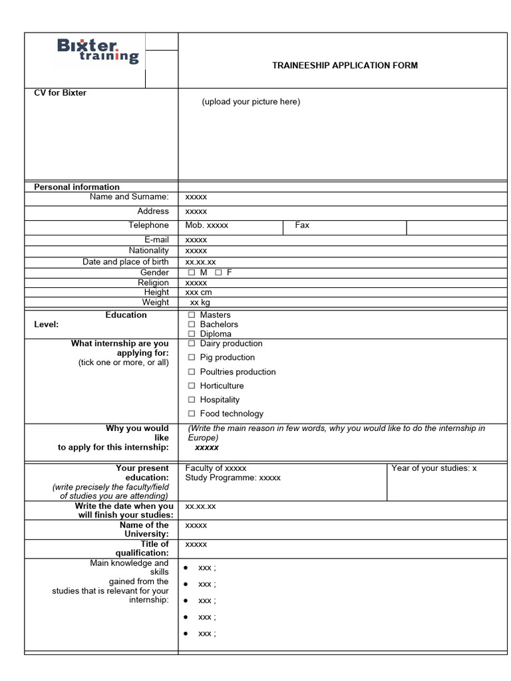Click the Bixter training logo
(98, 51)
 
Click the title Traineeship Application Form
(345, 65)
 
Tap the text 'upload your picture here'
(251, 102)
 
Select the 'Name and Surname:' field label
(129, 197)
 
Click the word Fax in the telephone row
(302, 225)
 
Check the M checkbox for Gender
(192, 273)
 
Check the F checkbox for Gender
(218, 273)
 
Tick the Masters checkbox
(192, 315)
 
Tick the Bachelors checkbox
(192, 325)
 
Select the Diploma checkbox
(192, 334)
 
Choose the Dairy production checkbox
(192, 344)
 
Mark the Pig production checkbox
(192, 358)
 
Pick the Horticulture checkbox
(192, 386)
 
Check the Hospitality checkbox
(192, 400)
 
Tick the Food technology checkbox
(192, 414)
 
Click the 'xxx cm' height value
(199, 293)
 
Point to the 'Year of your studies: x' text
(434, 468)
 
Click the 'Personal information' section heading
(77, 187)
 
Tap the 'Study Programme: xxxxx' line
(233, 477)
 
